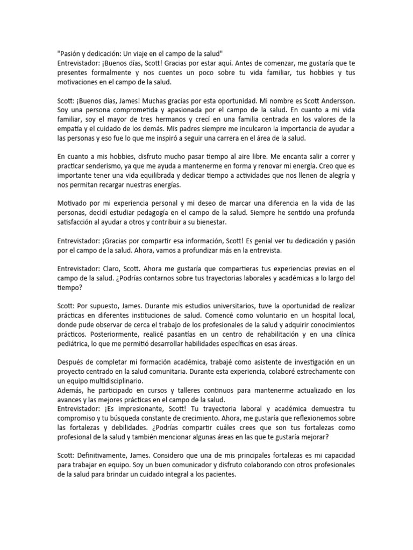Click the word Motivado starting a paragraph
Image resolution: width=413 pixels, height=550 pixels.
tap(72, 204)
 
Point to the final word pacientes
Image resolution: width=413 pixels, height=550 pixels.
tap(219, 475)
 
